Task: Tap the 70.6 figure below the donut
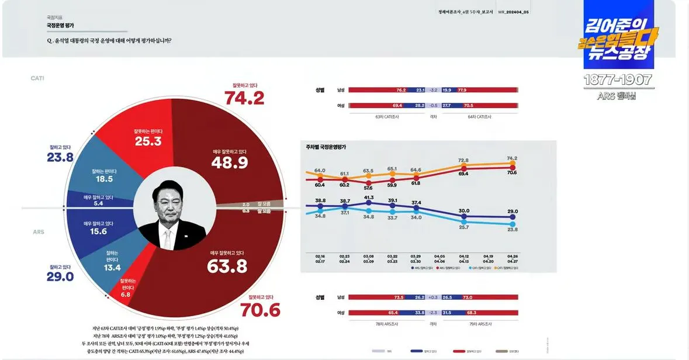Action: point(264,310)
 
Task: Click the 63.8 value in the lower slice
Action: point(227,266)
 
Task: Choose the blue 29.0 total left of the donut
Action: point(60,276)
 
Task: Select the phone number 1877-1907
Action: point(618,80)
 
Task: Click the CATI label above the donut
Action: point(38,78)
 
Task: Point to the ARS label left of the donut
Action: point(39,232)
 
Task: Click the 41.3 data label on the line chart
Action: point(368,198)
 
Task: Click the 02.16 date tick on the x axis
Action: point(320,255)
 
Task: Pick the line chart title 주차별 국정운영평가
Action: point(322,147)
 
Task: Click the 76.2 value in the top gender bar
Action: point(400,90)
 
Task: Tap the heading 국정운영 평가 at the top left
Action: point(60,26)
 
